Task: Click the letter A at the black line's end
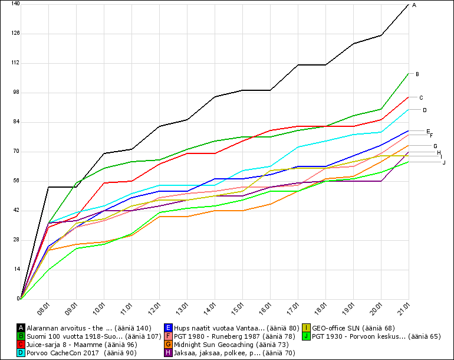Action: pos(414,5)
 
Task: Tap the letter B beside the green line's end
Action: pos(417,74)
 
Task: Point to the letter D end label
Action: pos(425,110)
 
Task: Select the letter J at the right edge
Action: pos(443,162)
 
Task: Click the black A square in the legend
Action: pos(21,328)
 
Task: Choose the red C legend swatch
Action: pos(21,344)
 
